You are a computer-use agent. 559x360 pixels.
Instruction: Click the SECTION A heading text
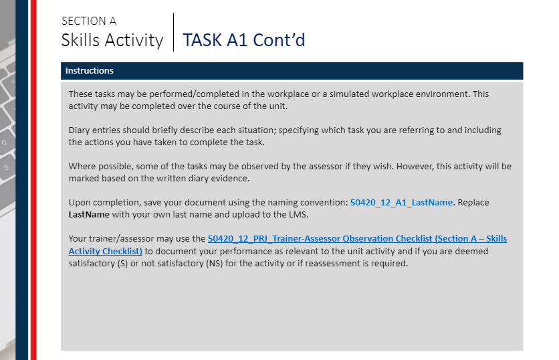pyautogui.click(x=88, y=21)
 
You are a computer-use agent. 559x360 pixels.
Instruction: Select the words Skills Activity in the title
pyautogui.click(x=112, y=40)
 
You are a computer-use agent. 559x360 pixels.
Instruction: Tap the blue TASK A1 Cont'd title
pyautogui.click(x=243, y=40)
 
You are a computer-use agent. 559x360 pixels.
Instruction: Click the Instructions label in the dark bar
pyautogui.click(x=89, y=71)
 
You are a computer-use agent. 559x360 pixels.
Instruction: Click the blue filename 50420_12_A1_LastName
pyautogui.click(x=401, y=202)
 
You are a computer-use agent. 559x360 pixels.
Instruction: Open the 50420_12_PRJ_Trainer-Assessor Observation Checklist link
pyautogui.click(x=357, y=238)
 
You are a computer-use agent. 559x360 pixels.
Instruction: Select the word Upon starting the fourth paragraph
pyautogui.click(x=80, y=202)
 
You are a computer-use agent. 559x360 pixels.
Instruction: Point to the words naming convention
pyautogui.click(x=312, y=202)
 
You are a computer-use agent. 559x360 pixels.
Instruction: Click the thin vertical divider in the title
pyautogui.click(x=173, y=32)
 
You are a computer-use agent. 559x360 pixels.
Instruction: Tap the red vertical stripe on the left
pyautogui.click(x=33, y=180)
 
